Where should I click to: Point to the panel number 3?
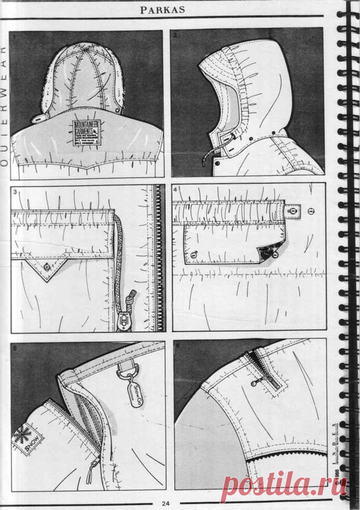click(15, 190)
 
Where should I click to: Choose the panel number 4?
click(176, 190)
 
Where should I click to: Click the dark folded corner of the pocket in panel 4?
click(269, 252)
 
